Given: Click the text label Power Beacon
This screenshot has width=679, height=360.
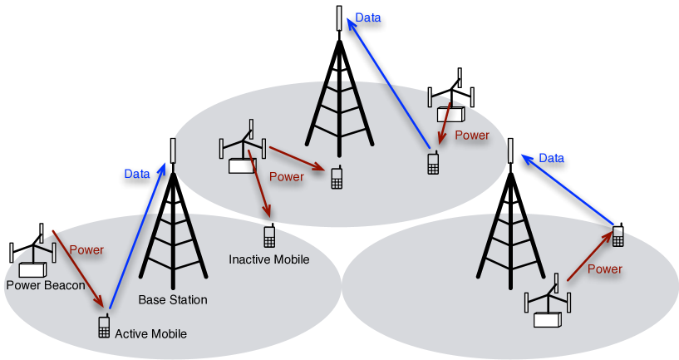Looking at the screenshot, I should [x=45, y=285].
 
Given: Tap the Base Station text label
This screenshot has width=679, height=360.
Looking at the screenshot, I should [x=173, y=299].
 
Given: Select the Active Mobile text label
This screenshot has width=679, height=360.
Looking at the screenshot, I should [x=150, y=333].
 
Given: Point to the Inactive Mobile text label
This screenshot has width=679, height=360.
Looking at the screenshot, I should [x=268, y=259].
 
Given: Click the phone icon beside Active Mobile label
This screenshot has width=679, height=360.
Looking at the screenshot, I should [x=104, y=327].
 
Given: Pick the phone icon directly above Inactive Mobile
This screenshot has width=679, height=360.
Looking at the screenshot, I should [x=269, y=237].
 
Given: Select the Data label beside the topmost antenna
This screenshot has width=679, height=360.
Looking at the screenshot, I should [x=367, y=17].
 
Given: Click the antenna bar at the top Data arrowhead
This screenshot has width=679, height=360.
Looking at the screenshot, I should [x=339, y=17].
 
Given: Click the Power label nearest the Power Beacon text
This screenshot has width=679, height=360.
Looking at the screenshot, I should [x=86, y=249].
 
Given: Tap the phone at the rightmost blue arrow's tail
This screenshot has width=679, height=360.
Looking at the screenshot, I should [x=617, y=237].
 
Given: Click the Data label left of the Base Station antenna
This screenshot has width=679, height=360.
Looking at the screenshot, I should [x=137, y=174].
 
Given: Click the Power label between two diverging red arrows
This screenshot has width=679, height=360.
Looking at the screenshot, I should [x=287, y=176].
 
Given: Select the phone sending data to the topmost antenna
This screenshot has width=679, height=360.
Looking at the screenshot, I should [x=433, y=163].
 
